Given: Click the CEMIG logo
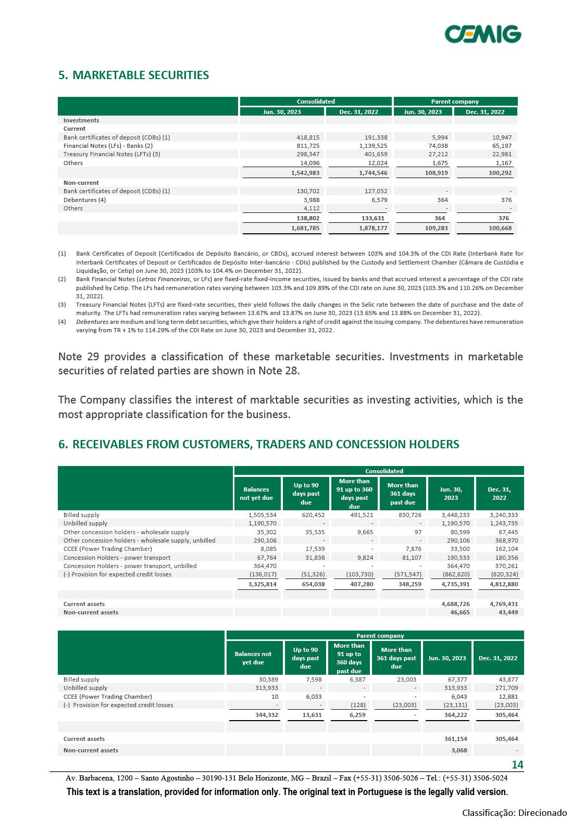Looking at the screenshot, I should point(483,34).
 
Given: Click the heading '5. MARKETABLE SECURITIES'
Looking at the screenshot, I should point(133,75).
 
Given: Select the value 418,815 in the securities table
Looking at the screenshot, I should point(308,137).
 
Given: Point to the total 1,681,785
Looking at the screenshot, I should point(305,228).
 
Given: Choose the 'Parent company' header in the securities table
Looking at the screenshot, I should point(455,102).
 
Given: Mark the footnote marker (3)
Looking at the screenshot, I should point(62,305).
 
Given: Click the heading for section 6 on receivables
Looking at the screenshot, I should point(258,444).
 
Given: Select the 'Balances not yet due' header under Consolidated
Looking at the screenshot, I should point(256,494).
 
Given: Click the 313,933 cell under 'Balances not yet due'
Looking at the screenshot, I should point(265,688).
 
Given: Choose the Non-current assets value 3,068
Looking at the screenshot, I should point(458,750).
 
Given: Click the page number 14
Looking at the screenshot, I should point(517,765).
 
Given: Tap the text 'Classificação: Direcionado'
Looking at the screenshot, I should point(515,813).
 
